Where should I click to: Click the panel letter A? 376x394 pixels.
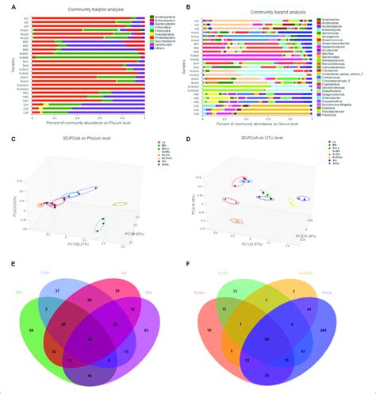[x=6, y=6]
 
